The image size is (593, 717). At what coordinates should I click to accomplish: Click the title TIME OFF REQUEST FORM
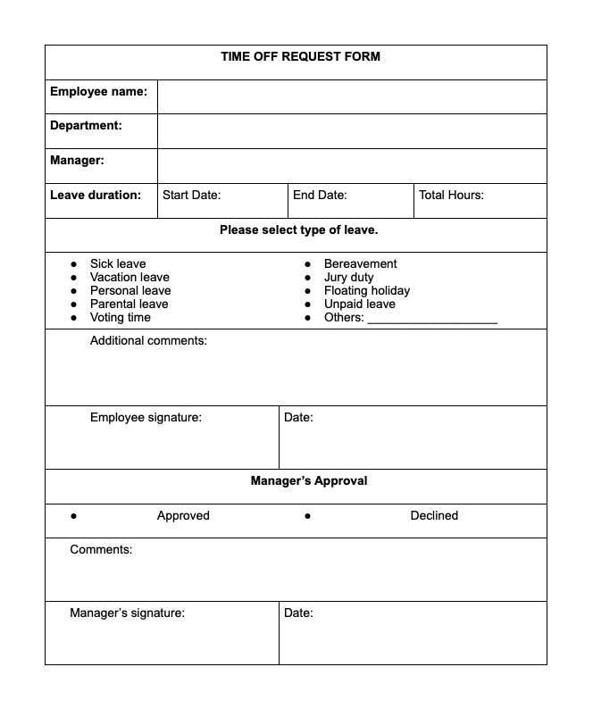(300, 56)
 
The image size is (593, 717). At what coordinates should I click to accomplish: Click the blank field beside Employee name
(352, 96)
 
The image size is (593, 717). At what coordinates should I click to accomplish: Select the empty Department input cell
(352, 130)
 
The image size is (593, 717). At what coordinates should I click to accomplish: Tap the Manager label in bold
(77, 161)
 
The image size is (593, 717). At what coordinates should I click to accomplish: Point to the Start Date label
(191, 195)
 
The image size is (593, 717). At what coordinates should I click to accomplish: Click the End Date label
(320, 195)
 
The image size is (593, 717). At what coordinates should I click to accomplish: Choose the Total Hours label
(451, 195)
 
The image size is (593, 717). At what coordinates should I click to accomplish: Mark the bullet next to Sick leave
(74, 264)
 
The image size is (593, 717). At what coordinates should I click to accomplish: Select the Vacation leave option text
(129, 277)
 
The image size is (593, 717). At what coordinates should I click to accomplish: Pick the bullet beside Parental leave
(74, 304)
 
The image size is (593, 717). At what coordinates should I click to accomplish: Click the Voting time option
(120, 317)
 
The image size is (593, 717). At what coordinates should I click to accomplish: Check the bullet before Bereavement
(308, 264)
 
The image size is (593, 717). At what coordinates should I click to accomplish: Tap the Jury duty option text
(348, 277)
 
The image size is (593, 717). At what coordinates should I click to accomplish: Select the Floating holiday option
(366, 290)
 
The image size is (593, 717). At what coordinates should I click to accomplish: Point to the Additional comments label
(148, 340)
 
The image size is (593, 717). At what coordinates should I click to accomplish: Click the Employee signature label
(146, 417)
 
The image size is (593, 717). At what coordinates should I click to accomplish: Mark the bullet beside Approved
(74, 516)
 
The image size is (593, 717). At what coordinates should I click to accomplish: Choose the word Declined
(434, 515)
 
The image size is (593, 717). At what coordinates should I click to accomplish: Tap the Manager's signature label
(127, 613)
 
